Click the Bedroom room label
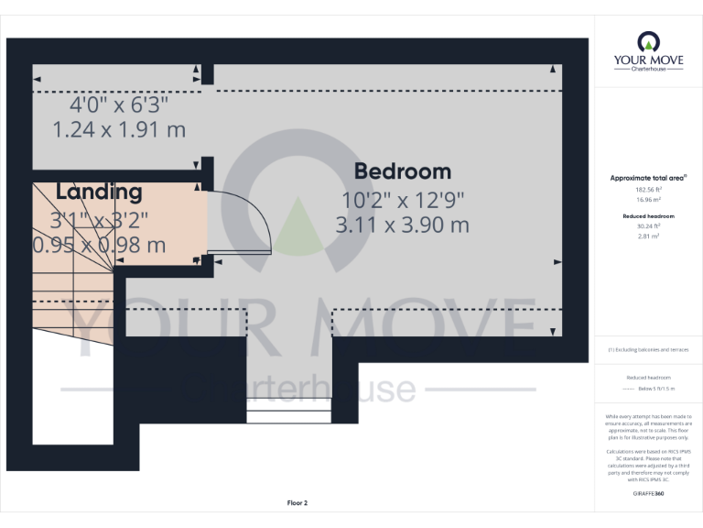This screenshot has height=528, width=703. (x=403, y=171)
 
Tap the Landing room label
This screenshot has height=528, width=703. (x=99, y=192)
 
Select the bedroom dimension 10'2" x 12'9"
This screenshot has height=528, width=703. (x=403, y=199)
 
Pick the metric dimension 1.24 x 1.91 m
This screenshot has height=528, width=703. (x=119, y=129)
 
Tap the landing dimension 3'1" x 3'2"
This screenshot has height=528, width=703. (x=99, y=220)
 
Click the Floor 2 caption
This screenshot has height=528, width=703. (x=297, y=503)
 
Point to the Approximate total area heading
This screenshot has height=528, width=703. (x=648, y=178)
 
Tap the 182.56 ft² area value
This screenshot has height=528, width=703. (x=648, y=189)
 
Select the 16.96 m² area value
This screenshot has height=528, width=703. (x=648, y=199)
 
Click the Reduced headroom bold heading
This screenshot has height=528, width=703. (x=648, y=216)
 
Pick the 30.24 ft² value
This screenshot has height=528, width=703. (x=648, y=225)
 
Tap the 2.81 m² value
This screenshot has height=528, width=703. (x=648, y=236)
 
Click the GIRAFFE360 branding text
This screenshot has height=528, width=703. (x=648, y=494)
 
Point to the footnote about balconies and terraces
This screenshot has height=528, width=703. (x=648, y=350)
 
